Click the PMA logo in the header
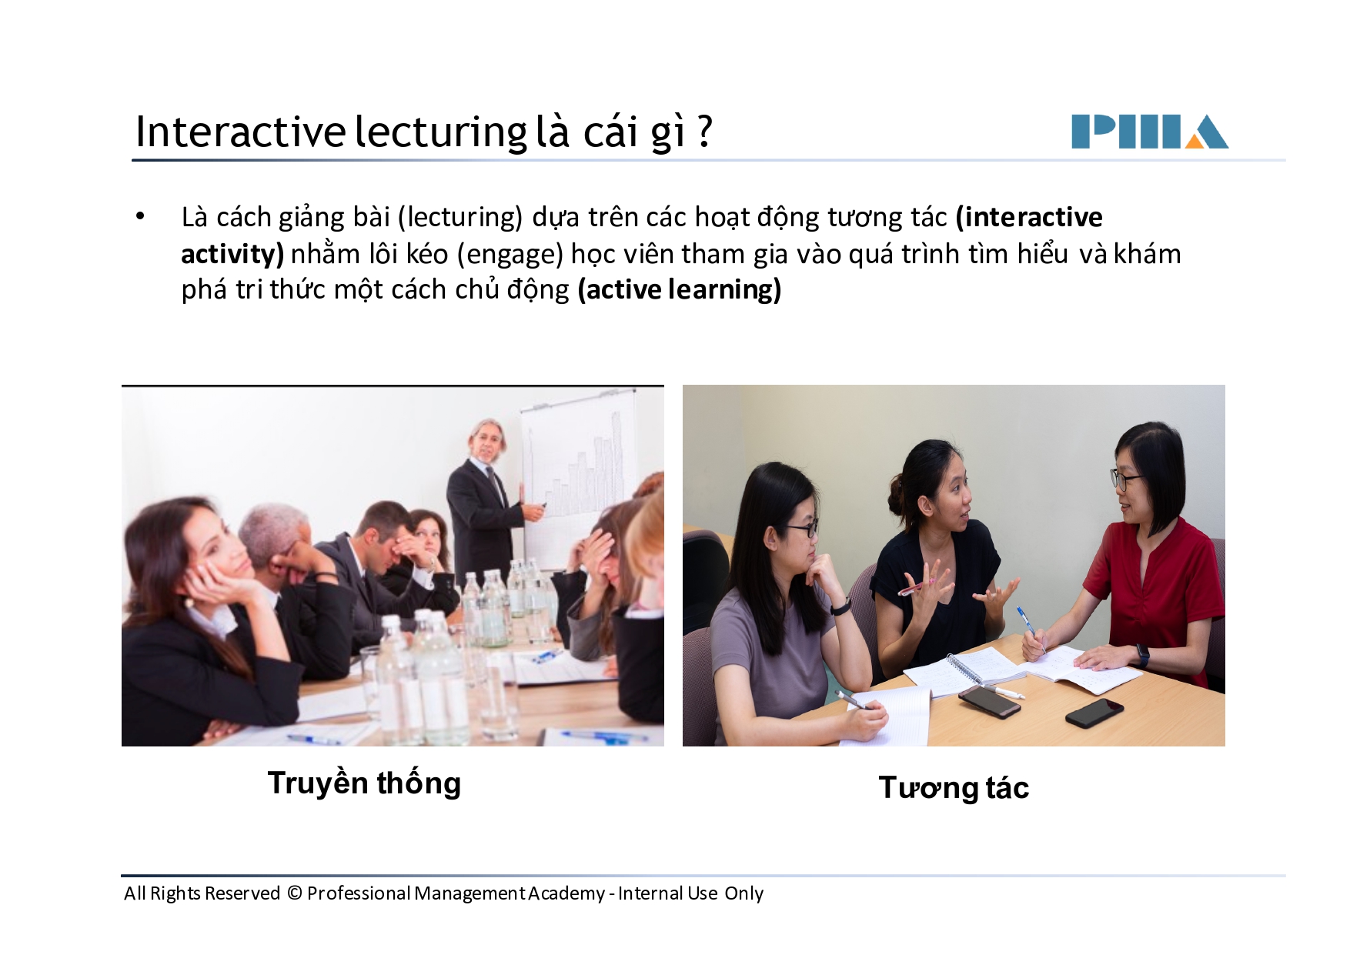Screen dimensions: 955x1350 1149,132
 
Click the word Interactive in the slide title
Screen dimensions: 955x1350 240,132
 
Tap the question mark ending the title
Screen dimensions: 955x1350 704,132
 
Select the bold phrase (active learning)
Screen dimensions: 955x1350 680,290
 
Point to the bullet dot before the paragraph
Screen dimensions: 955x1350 140,217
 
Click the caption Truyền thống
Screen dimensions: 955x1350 364,783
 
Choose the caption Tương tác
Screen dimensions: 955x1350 953,788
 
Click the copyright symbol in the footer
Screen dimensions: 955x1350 294,893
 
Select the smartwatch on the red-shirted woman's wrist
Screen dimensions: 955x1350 1142,656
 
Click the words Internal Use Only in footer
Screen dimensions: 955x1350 690,893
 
